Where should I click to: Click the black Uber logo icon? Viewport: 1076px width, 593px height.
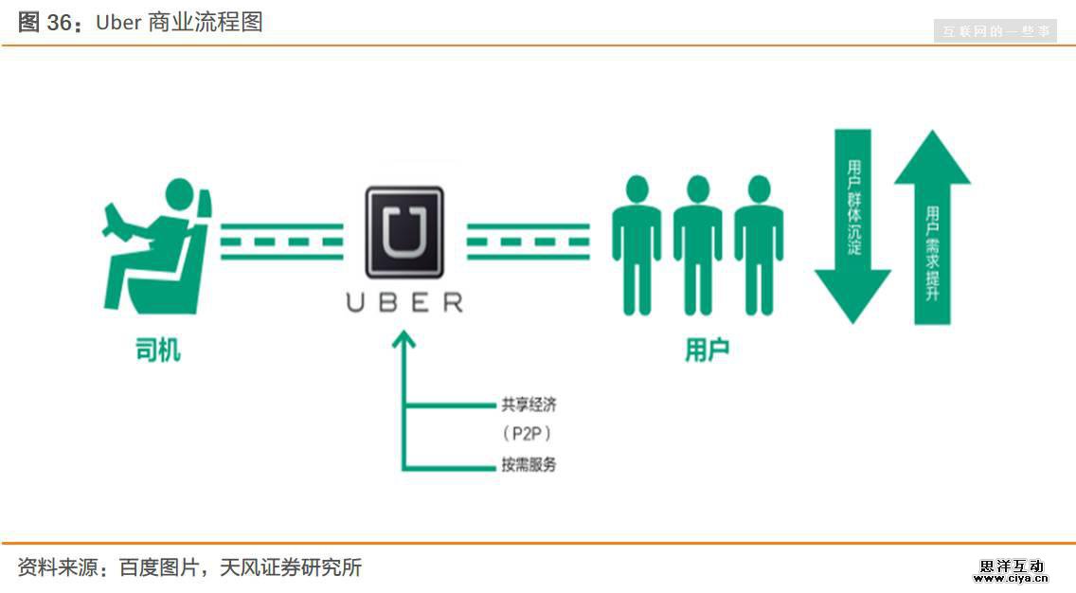[404, 232]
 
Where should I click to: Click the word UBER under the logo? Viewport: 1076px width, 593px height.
[404, 302]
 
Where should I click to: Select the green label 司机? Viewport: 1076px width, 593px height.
[158, 350]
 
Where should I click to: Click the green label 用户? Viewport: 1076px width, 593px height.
[707, 350]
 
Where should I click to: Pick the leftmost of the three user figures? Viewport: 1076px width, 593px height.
[637, 244]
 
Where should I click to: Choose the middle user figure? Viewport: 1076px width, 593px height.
[698, 244]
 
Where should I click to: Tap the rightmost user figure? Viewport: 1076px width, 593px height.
[760, 244]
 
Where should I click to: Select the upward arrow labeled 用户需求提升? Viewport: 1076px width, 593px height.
[932, 227]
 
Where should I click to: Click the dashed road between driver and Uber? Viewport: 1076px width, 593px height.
[281, 242]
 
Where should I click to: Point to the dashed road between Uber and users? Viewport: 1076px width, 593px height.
[528, 242]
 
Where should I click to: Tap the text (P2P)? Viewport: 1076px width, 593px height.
[527, 434]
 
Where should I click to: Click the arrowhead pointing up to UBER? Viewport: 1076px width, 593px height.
[404, 340]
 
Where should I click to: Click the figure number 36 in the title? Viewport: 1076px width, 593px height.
[59, 23]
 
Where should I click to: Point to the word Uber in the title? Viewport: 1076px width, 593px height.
[118, 23]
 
